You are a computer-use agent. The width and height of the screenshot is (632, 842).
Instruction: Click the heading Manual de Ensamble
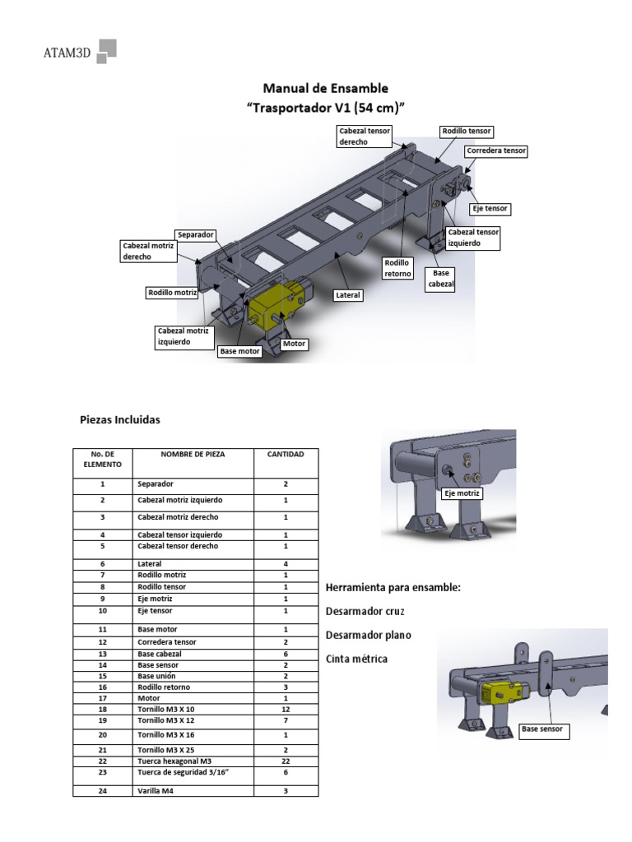pyautogui.click(x=325, y=88)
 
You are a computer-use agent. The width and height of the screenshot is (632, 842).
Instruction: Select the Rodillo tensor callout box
pyautogui.click(x=467, y=131)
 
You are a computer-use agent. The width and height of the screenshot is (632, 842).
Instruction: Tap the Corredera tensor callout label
pyautogui.click(x=495, y=151)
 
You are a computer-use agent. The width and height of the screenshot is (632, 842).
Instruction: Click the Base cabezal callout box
pyautogui.click(x=440, y=279)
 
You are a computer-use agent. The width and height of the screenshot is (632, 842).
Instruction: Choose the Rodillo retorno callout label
pyautogui.click(x=397, y=268)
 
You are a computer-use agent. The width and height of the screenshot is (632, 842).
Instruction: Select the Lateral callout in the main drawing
pyautogui.click(x=348, y=294)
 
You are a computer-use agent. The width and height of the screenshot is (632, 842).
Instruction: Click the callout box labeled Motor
pyautogui.click(x=294, y=344)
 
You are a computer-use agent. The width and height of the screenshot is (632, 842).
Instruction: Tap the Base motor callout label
pyautogui.click(x=239, y=351)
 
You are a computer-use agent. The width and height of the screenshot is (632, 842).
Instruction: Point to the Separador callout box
pyautogui.click(x=196, y=235)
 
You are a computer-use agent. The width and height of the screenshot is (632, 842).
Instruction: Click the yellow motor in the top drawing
pyautogui.click(x=272, y=307)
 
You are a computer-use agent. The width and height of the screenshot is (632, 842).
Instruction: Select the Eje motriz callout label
pyautogui.click(x=462, y=493)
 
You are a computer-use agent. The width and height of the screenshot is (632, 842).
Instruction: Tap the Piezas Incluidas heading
pyautogui.click(x=120, y=420)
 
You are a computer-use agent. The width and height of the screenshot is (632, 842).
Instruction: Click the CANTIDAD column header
pyautogui.click(x=286, y=454)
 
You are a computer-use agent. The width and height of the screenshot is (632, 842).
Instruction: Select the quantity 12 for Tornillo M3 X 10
pyautogui.click(x=286, y=708)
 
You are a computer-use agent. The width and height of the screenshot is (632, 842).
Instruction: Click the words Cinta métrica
pyautogui.click(x=356, y=659)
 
